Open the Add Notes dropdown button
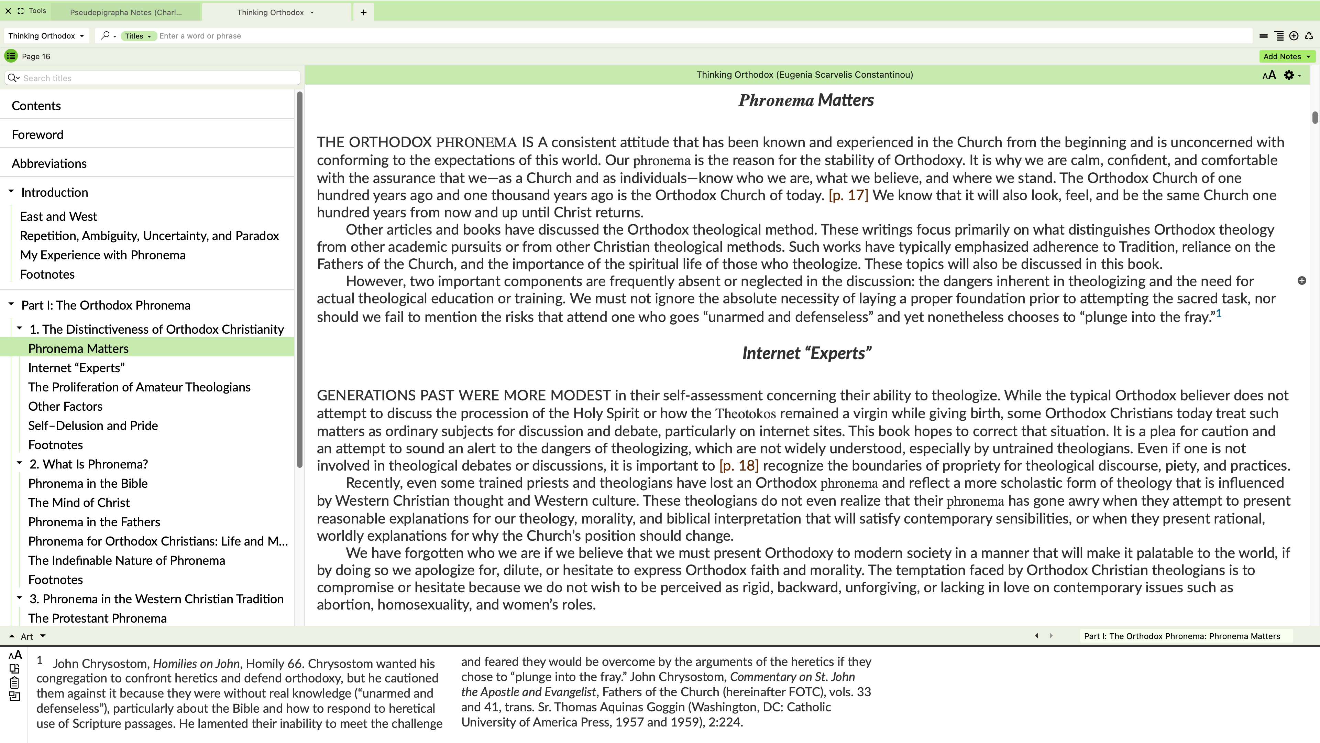tap(1286, 56)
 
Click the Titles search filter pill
tap(138, 36)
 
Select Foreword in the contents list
tap(37, 134)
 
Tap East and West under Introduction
tap(58, 216)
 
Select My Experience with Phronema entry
tap(102, 255)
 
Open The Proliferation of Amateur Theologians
tap(139, 387)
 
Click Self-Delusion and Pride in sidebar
tap(93, 426)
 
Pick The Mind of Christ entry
tap(79, 503)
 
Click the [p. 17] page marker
tap(848, 195)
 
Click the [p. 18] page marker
tap(738, 466)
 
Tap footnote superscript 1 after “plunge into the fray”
tap(1219, 313)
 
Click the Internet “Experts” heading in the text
tap(806, 353)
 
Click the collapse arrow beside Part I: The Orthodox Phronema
tap(11, 304)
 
